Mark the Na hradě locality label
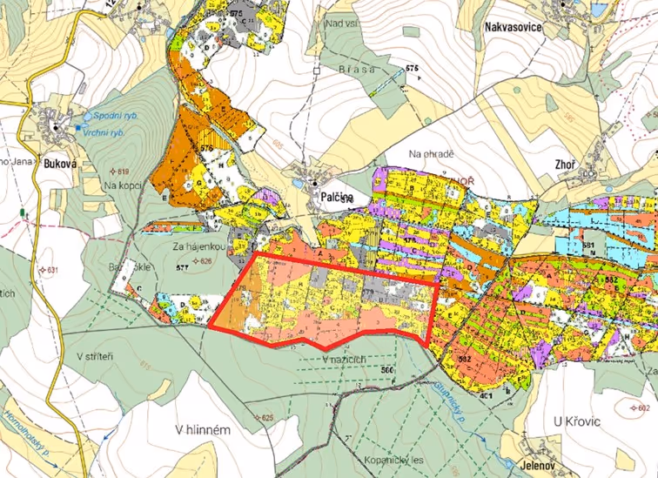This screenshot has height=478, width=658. pos(432,154)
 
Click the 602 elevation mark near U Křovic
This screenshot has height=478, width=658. pos(642,407)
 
